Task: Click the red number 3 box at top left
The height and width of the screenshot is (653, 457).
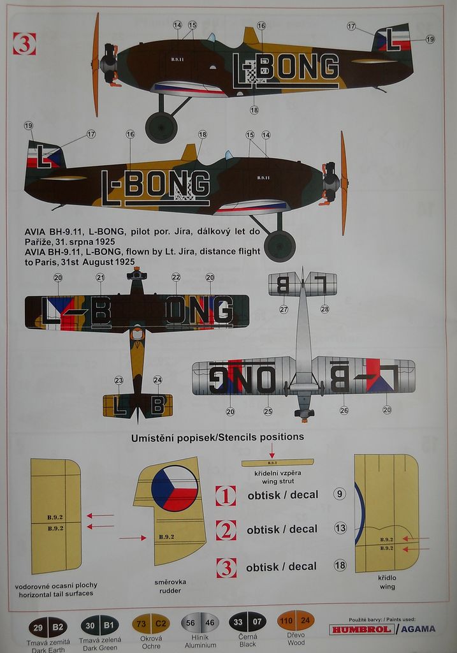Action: click(24, 43)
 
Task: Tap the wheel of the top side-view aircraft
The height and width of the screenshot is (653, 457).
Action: click(161, 127)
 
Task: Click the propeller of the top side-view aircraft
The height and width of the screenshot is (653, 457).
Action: click(96, 64)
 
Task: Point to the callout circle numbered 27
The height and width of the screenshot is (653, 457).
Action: click(284, 309)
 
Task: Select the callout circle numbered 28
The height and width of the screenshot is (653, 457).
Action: click(324, 309)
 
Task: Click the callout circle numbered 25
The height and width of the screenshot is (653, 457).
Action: click(268, 411)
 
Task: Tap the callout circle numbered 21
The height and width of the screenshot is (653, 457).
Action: click(100, 277)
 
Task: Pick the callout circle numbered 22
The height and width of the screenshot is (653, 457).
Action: click(176, 277)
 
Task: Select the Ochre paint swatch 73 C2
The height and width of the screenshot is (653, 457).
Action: click(150, 623)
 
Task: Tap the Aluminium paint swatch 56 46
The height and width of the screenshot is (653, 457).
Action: click(200, 623)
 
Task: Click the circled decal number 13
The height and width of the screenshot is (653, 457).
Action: click(340, 527)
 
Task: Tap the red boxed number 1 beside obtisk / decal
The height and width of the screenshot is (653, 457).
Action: click(226, 495)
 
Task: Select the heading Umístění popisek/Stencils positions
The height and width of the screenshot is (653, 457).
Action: click(217, 437)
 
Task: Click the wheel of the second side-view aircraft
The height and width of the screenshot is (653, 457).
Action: click(279, 246)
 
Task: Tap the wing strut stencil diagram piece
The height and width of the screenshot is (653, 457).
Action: click(277, 462)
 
